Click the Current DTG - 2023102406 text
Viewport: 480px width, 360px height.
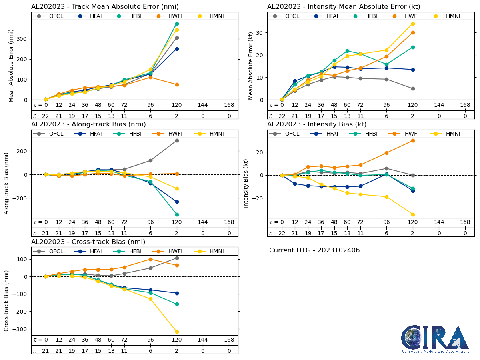point(314,250)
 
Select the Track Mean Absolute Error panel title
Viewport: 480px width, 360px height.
point(105,6)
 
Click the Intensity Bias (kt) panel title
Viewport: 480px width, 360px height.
point(317,124)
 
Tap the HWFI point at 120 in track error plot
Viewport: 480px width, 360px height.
point(177,84)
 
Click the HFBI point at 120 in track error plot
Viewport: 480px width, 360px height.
point(177,24)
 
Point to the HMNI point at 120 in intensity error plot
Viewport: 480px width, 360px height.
point(413,24)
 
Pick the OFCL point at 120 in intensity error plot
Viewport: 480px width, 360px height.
point(413,88)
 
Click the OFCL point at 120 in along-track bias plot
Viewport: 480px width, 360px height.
point(177,140)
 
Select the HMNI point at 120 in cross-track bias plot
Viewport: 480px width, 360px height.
point(177,332)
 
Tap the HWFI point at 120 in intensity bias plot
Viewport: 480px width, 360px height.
point(413,140)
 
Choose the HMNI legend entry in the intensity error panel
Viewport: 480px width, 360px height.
point(448,16)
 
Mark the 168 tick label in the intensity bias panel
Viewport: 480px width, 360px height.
point(465,222)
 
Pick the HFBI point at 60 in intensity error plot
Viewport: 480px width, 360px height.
point(347,51)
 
